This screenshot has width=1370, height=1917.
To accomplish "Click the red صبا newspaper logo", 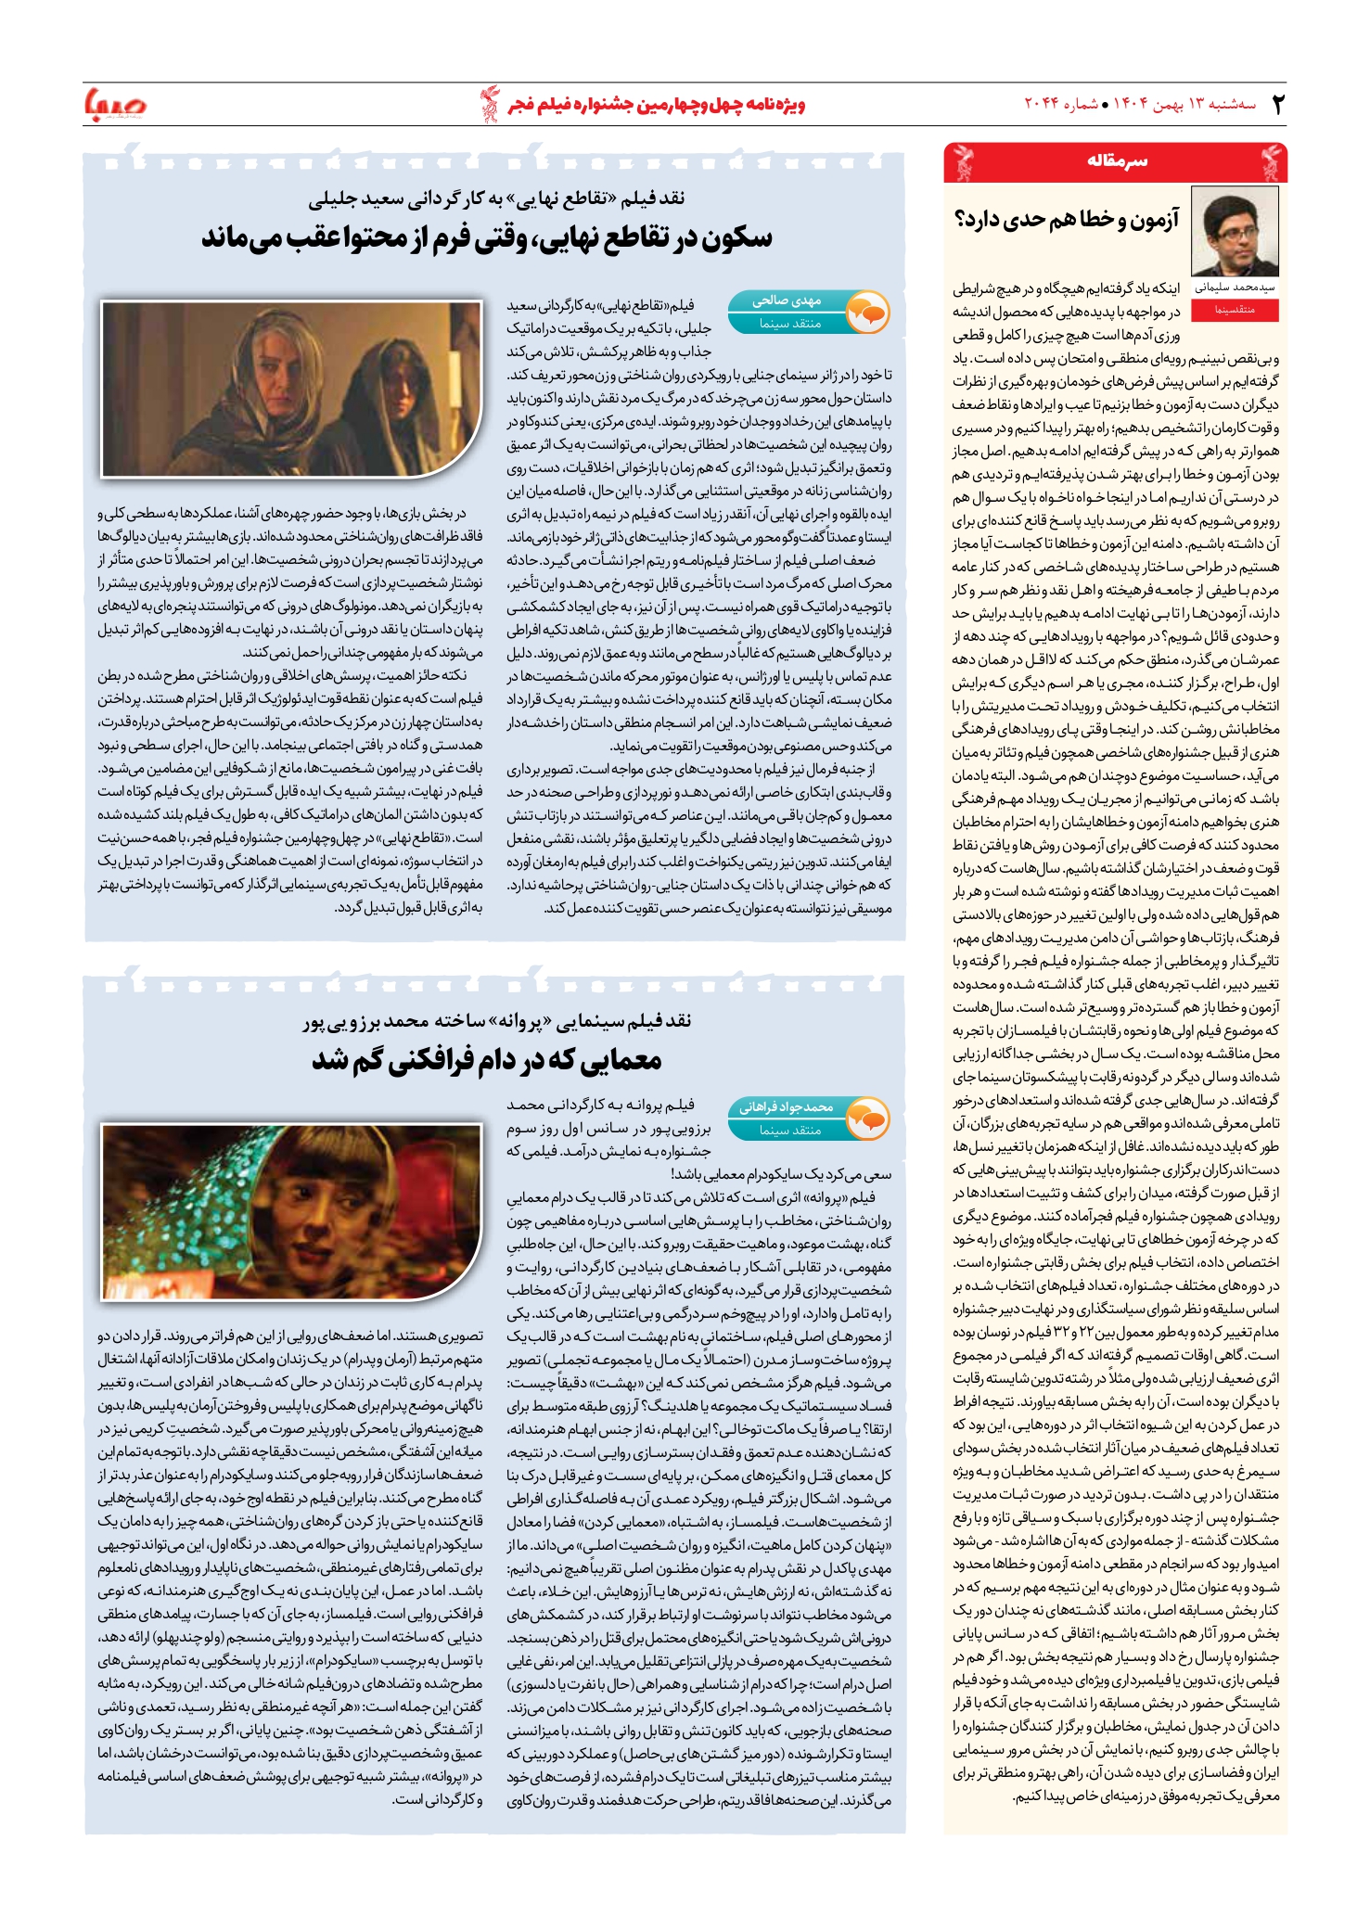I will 115,104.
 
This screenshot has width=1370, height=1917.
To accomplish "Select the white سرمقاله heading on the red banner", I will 1117,161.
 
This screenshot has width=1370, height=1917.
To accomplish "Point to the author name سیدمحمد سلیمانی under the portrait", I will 1236,288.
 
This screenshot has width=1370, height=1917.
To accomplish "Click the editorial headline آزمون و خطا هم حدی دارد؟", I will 1067,220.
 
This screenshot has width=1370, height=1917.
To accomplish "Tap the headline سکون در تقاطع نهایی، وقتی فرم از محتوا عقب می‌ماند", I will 487,238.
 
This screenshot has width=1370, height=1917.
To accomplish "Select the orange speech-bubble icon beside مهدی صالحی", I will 868,313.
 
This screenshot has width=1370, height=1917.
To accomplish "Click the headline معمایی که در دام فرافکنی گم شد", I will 487,1060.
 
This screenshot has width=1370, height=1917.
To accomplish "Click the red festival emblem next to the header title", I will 489,103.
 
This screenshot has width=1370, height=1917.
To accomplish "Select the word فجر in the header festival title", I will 526,104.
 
